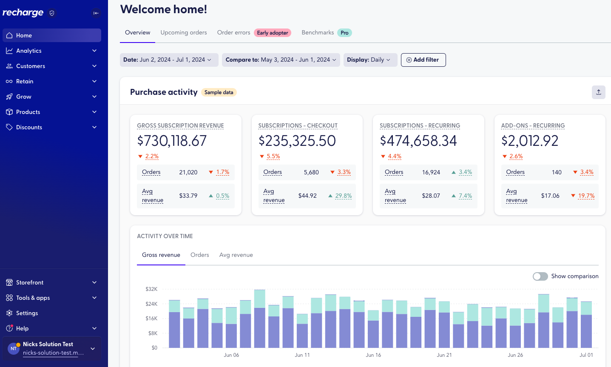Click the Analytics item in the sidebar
point(29,51)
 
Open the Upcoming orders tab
point(184,33)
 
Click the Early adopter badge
point(272,33)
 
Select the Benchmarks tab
point(318,33)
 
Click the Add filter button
point(423,60)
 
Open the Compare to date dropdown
point(281,60)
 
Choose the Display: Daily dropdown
point(369,60)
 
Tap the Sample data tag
point(219,92)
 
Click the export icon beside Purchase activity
point(598,92)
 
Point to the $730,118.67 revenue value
point(172,141)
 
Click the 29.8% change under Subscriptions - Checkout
point(343,196)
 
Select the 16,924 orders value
point(431,172)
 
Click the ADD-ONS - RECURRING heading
point(533,126)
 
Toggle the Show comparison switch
point(540,276)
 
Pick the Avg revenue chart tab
point(236,255)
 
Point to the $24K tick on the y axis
point(151,304)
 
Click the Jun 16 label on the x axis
point(373,355)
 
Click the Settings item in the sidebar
point(27,313)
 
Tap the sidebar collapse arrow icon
point(96,13)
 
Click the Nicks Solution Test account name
point(48,344)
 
